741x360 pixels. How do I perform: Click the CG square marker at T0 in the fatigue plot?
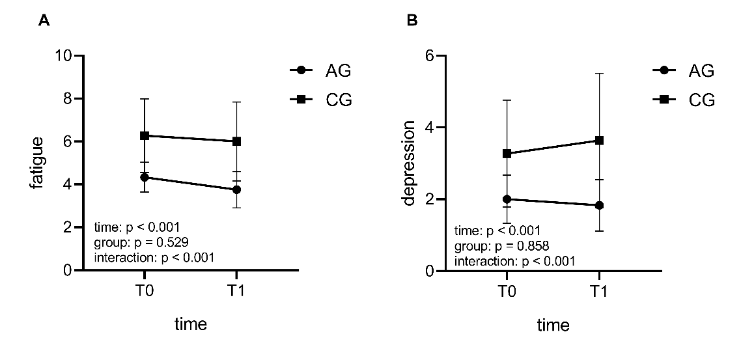click(145, 135)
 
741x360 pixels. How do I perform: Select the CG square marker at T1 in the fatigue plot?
click(237, 141)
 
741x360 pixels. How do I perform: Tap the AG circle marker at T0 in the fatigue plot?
click(145, 177)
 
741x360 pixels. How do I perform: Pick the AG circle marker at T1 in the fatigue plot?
click(237, 189)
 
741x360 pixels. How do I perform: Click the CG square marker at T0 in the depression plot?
click(507, 154)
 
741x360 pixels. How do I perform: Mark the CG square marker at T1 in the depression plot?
click(598, 141)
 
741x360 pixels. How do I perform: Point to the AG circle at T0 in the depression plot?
click(507, 199)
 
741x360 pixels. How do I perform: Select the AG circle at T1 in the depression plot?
click(598, 205)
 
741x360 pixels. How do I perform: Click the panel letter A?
click(44, 21)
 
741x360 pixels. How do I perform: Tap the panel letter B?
click(412, 21)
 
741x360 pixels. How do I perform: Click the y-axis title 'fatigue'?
click(36, 163)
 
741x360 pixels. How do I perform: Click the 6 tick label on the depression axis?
click(429, 56)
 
